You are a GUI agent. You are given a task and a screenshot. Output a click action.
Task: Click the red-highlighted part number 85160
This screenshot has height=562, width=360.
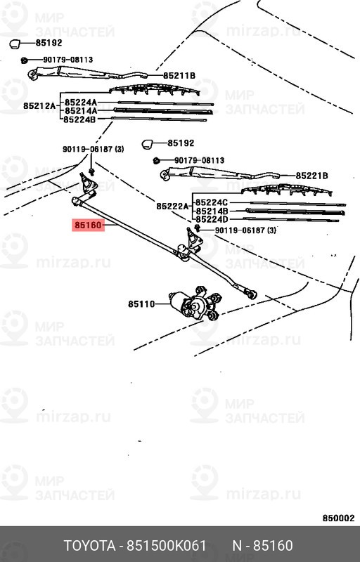88,226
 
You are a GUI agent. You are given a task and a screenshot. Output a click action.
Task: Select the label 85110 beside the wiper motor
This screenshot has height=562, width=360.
141,304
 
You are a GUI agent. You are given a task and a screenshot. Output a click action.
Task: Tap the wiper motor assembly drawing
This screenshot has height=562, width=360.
192,306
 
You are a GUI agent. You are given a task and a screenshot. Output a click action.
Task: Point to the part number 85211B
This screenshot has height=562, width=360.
179,75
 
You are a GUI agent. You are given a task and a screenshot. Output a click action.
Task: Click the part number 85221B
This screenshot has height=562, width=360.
312,176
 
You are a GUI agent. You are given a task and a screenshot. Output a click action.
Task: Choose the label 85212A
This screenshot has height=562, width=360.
39,106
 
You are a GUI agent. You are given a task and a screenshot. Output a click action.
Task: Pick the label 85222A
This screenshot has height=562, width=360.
172,206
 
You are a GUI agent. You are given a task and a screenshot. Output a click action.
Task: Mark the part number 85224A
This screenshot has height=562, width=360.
81,102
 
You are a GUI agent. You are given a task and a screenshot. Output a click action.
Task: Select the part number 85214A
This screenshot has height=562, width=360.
81,111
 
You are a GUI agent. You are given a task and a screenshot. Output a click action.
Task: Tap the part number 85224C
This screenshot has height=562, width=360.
212,202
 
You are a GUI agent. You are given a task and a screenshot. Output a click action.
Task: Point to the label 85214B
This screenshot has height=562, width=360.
212,211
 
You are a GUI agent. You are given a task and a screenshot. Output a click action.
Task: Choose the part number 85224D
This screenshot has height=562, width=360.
212,220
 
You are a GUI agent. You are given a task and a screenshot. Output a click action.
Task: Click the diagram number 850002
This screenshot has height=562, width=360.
338,518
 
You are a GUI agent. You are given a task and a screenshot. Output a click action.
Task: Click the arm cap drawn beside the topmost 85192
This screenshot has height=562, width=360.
15,45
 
